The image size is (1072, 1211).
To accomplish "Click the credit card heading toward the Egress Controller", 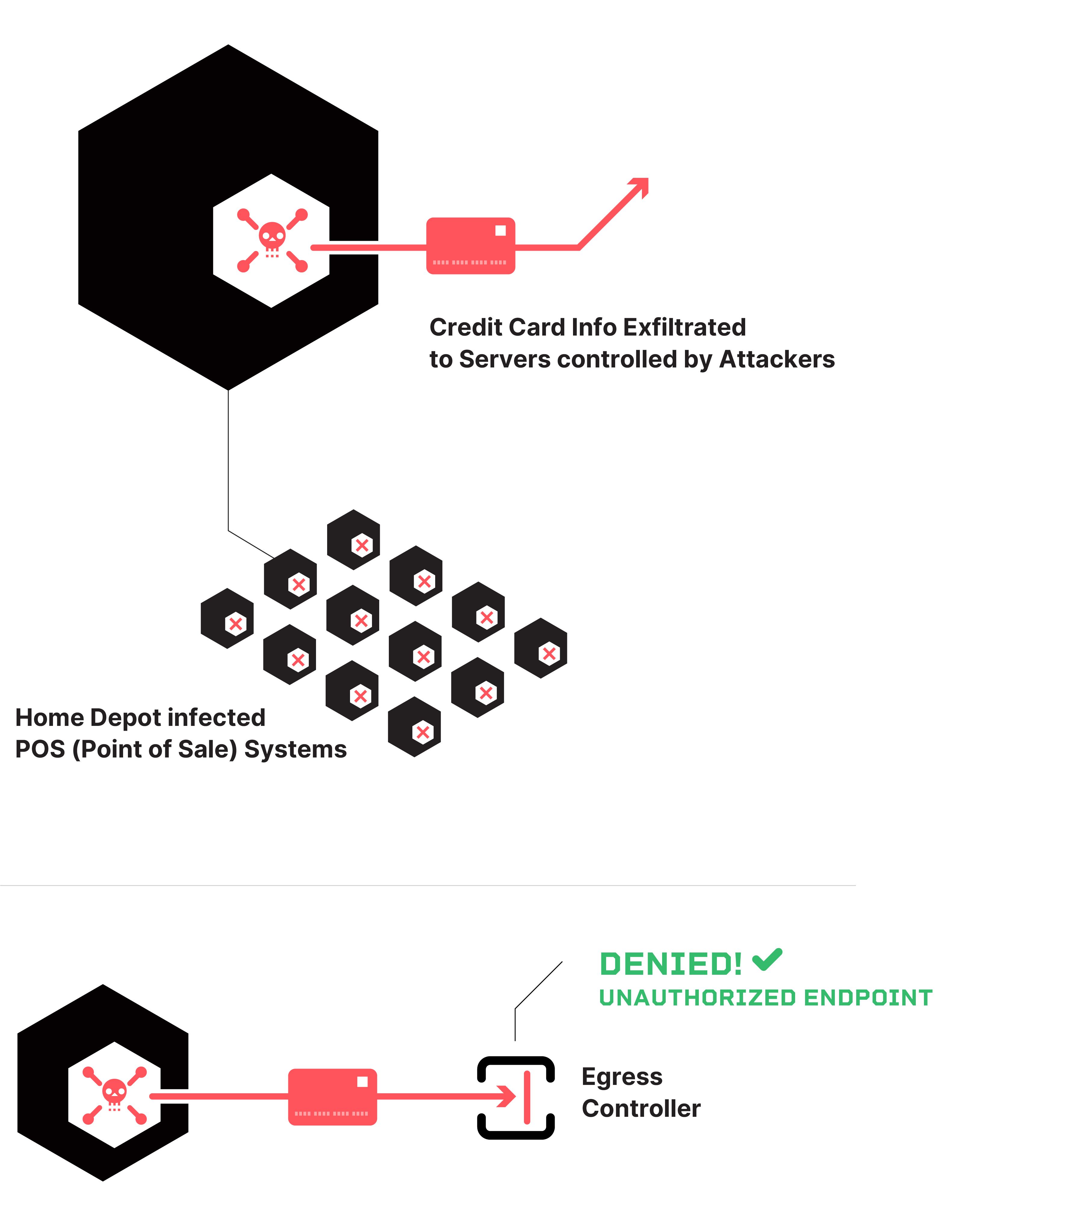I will [333, 1097].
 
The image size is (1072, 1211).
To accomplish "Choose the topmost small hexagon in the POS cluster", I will [354, 539].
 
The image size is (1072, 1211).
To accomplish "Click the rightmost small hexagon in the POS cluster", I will [541, 648].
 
